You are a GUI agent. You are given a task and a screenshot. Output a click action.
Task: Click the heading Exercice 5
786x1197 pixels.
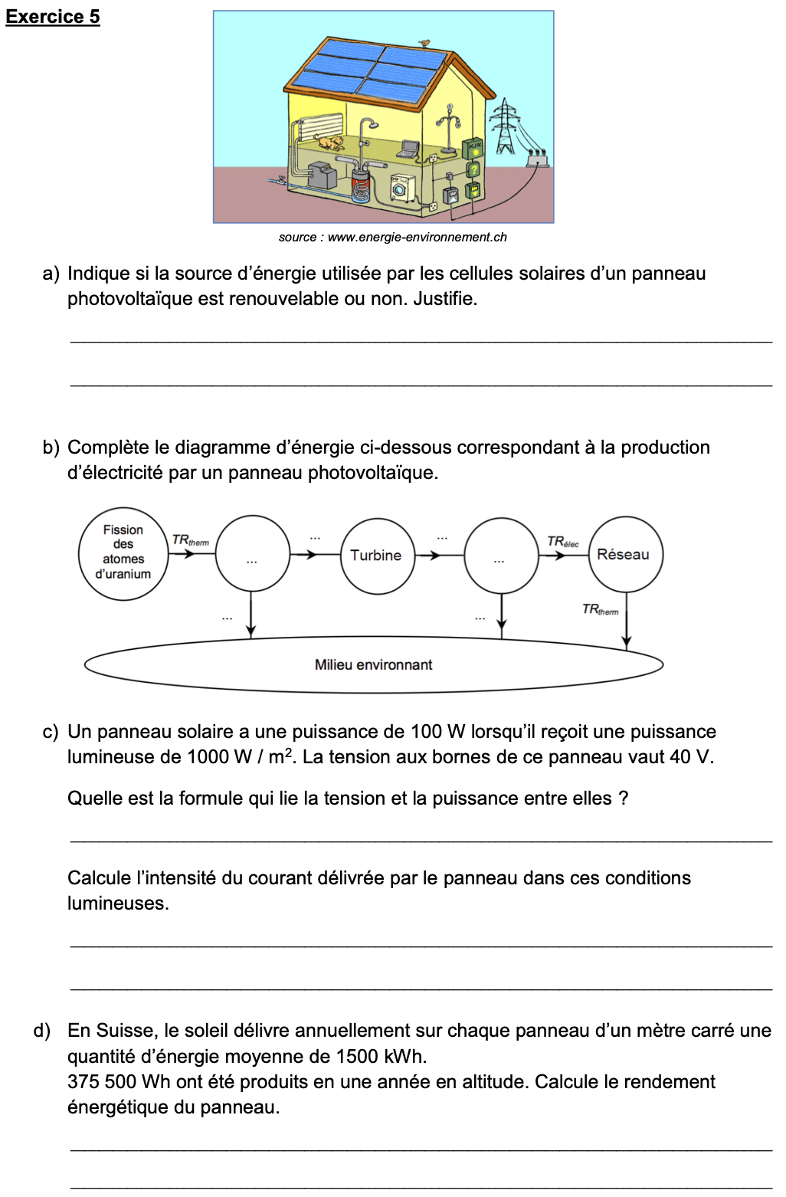[53, 17]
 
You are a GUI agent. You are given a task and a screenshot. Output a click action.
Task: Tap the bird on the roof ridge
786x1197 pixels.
[425, 44]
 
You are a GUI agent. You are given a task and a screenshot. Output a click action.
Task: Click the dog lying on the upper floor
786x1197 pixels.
[329, 143]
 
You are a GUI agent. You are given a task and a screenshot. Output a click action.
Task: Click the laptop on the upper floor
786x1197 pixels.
[408, 149]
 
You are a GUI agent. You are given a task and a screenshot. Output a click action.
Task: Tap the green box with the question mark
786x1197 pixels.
[474, 169]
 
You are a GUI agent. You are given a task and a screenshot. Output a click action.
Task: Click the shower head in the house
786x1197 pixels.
[371, 124]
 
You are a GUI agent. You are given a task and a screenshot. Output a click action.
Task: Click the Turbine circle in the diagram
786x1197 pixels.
[377, 556]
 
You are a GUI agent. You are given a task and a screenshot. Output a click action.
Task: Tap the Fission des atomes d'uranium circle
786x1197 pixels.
[123, 552]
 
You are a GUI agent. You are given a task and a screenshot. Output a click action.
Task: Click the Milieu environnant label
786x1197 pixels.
[373, 665]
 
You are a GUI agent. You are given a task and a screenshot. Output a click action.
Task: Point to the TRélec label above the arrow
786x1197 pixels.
[563, 542]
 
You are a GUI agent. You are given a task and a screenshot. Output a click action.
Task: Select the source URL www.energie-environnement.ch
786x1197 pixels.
[417, 238]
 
